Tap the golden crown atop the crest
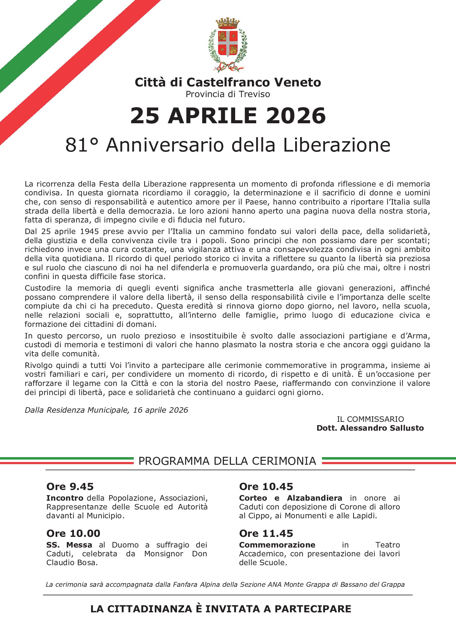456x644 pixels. click(228, 23)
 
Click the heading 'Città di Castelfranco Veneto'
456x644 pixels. click(228, 82)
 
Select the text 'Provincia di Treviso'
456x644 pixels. click(228, 94)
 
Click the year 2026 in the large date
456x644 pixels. click(296, 116)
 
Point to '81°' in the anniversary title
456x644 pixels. click(82, 145)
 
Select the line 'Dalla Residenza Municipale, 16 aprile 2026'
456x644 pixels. click(106, 410)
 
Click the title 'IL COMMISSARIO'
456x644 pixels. click(370, 419)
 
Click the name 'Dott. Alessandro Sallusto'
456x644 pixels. click(370, 428)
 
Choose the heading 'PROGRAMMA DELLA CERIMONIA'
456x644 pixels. click(227, 461)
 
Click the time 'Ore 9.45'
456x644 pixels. click(70, 487)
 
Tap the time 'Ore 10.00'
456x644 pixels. click(73, 534)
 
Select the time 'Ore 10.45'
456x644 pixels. click(266, 487)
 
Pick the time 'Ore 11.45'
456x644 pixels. click(266, 534)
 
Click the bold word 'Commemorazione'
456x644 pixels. click(277, 545)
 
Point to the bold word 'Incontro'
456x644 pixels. click(65, 498)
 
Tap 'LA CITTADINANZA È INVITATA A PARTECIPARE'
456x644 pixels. click(221, 609)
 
